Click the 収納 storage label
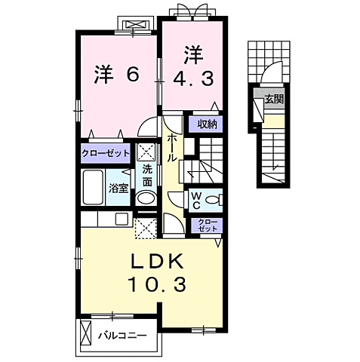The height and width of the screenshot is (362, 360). click(x=208, y=124)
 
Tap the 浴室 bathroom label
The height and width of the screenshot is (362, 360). click(x=118, y=187)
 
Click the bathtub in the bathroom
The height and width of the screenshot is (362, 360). click(x=93, y=186)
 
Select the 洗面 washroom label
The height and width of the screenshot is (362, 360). click(x=147, y=175)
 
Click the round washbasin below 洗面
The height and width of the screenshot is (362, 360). click(x=146, y=200)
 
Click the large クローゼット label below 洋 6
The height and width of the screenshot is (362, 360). click(x=106, y=152)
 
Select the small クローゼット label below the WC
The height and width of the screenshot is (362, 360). click(x=205, y=225)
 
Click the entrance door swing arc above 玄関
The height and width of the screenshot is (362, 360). click(x=269, y=78)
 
